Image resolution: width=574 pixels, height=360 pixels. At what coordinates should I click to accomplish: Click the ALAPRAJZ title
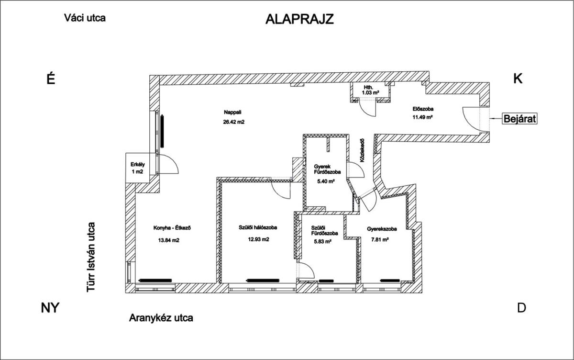click(299, 19)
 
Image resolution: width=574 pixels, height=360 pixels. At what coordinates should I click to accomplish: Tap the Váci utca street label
click(85, 18)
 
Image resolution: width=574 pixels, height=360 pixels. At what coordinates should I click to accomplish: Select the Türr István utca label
click(91, 257)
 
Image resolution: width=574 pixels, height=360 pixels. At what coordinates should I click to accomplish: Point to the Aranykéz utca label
click(161, 318)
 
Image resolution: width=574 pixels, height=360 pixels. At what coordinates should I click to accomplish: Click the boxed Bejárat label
click(519, 119)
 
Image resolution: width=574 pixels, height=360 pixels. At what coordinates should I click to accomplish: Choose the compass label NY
click(50, 308)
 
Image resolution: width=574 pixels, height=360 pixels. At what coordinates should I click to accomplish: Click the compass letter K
click(518, 79)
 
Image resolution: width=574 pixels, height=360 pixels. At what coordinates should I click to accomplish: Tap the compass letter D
click(521, 308)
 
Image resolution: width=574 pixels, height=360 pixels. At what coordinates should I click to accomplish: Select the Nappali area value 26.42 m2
click(234, 122)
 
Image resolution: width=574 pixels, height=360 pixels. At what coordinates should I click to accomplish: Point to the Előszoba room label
click(423, 109)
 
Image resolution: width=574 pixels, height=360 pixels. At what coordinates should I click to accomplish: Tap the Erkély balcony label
click(138, 164)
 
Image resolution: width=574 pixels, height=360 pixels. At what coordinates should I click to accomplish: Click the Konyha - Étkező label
click(172, 228)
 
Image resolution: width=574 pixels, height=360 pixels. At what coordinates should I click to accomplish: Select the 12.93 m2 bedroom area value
click(259, 239)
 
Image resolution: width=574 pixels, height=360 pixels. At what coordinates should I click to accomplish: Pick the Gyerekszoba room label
click(382, 229)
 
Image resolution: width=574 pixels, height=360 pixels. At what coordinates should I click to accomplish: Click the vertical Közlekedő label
click(362, 150)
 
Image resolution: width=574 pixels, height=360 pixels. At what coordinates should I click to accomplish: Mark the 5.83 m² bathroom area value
click(322, 241)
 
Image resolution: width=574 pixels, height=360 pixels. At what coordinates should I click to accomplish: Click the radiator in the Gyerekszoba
click(390, 281)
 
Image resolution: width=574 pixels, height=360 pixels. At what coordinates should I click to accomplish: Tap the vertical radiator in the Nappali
click(162, 131)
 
